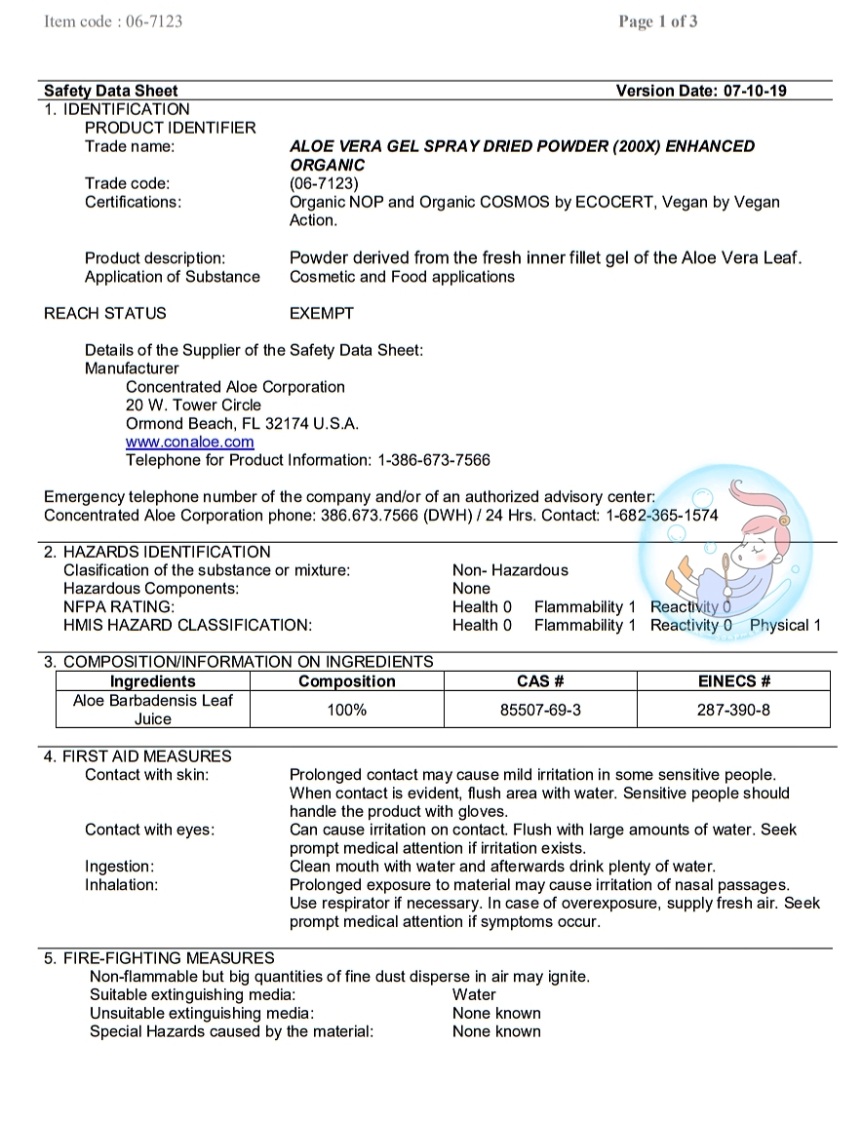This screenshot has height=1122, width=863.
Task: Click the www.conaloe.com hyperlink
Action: click(190, 442)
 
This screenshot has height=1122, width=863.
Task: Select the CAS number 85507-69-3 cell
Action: click(540, 710)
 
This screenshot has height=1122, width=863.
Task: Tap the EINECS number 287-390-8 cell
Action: click(733, 710)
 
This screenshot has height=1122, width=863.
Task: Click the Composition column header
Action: click(347, 681)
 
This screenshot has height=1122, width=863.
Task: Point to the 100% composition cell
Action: click(347, 710)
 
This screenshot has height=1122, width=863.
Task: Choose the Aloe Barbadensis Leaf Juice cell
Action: click(153, 710)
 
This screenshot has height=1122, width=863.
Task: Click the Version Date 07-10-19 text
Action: click(701, 91)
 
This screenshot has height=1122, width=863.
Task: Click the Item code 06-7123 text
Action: click(113, 21)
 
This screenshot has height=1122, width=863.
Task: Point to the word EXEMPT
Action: click(322, 313)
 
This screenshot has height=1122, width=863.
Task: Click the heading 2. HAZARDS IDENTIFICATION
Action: click(157, 552)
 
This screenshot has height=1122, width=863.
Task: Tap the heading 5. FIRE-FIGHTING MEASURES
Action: click(159, 958)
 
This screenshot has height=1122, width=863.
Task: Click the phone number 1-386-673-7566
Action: click(434, 460)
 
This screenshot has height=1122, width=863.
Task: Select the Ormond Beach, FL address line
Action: click(242, 423)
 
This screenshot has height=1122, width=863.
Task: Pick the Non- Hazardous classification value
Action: click(510, 570)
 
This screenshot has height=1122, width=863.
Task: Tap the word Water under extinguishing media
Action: click(474, 995)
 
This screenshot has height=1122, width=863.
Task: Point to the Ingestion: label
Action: click(119, 867)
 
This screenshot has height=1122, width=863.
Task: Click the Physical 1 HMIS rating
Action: click(785, 626)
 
